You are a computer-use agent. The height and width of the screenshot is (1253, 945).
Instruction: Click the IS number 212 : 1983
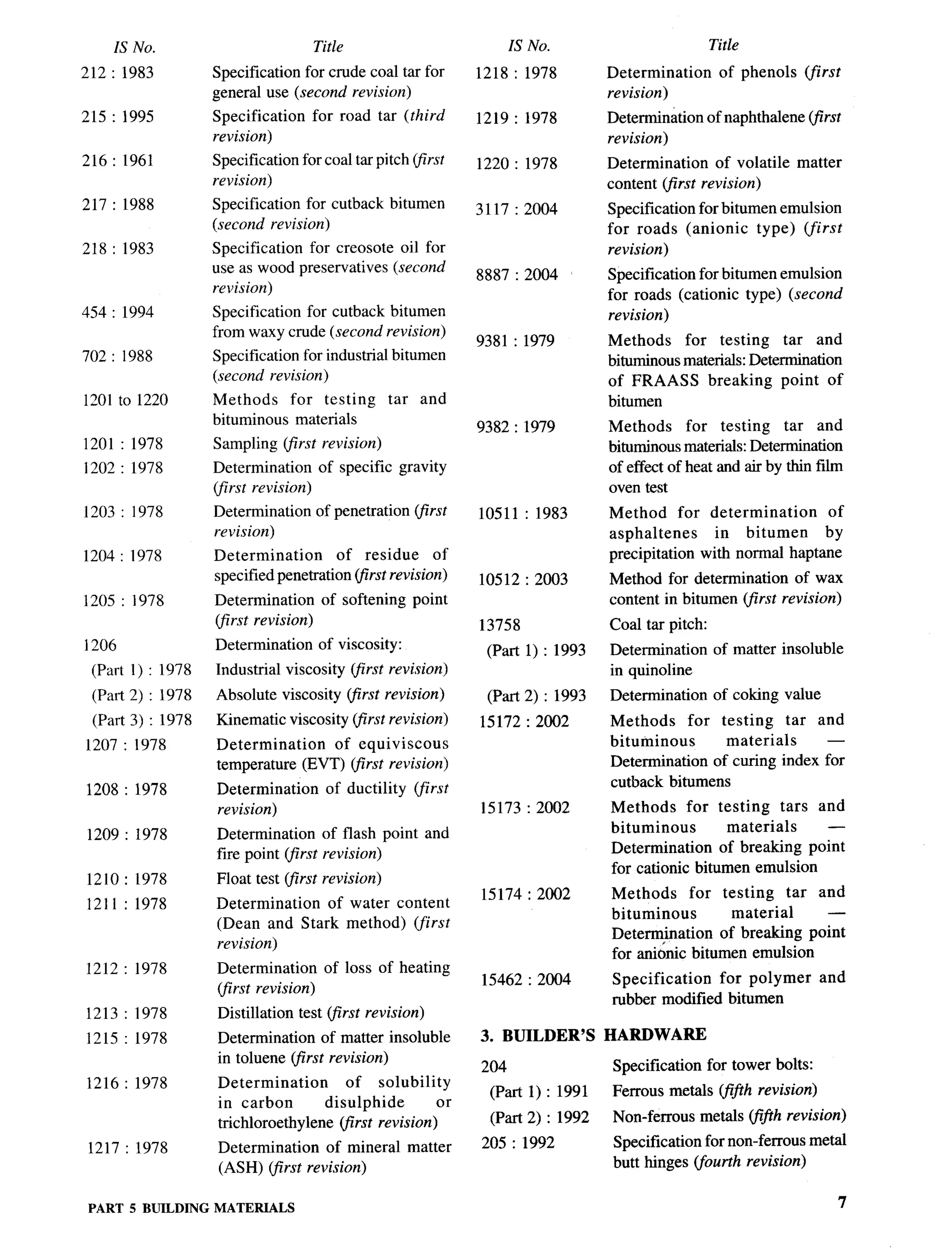pos(118,72)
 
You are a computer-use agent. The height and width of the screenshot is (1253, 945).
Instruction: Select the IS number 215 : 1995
pos(118,117)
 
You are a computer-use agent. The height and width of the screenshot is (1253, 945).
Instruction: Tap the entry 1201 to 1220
pos(125,400)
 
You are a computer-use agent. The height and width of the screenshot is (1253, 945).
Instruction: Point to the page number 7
pos(842,1202)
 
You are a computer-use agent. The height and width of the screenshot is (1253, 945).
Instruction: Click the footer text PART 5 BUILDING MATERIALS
pos(191,1208)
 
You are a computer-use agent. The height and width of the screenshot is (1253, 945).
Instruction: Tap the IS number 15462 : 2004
pos(526,979)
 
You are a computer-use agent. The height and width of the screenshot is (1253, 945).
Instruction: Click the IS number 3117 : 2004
pos(516,209)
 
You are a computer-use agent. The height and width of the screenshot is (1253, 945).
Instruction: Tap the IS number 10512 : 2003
pos(523,579)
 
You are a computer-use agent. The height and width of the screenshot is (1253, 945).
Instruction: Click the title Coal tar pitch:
pos(658,624)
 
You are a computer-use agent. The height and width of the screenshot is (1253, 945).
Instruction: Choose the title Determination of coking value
pos(715,694)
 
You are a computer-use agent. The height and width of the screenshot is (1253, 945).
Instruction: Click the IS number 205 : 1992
pos(518,1143)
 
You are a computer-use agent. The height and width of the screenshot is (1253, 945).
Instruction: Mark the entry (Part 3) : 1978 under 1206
pos(142,720)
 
